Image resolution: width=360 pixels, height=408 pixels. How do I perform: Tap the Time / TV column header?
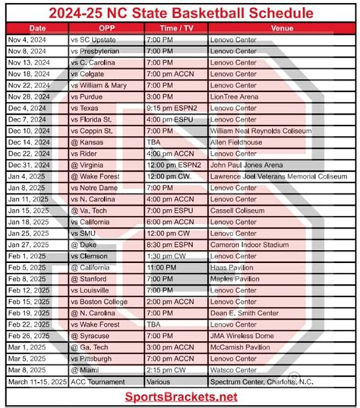pos(174,28)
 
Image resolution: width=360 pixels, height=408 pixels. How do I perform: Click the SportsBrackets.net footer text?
pos(179,397)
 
